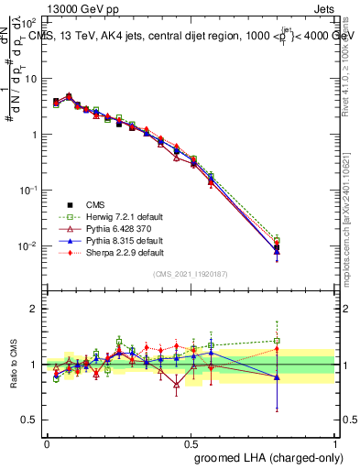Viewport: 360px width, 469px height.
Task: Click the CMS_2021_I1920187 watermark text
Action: coord(191,274)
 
